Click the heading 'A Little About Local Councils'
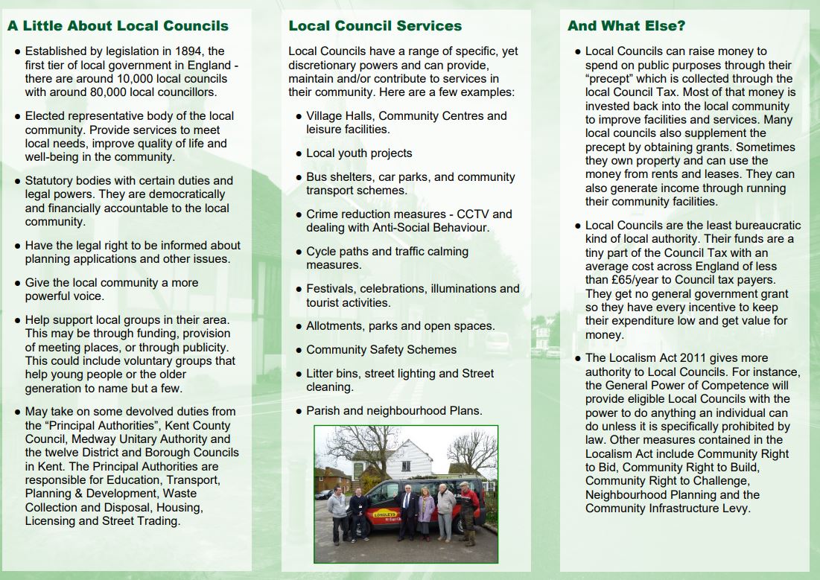pos(118,26)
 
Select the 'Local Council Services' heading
pos(375,26)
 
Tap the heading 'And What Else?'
pos(626,26)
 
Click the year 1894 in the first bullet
pos(209,51)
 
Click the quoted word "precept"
pos(614,79)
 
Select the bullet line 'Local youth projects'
pos(359,153)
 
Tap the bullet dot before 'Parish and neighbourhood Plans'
pos(298,411)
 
